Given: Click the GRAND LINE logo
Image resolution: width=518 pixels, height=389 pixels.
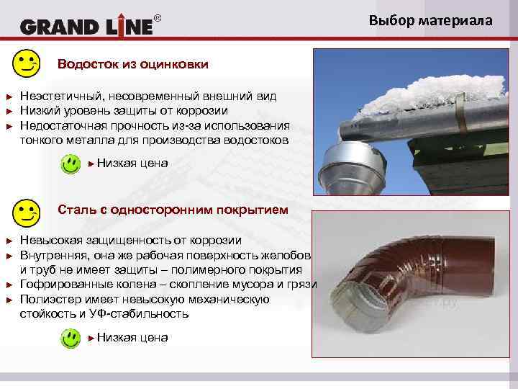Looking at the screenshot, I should (86, 27).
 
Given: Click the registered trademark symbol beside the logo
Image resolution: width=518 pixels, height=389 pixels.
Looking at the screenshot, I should (158, 17).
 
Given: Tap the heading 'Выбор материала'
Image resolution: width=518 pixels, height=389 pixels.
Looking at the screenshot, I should (431, 20).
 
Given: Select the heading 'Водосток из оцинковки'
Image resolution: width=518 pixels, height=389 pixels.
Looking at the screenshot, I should (133, 65).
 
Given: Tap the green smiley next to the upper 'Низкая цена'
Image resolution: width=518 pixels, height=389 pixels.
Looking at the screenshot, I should (70, 164).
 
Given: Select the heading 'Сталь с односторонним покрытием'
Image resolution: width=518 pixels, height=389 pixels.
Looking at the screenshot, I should (173, 210).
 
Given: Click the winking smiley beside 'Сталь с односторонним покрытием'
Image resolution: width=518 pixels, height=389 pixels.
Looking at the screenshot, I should (27, 212).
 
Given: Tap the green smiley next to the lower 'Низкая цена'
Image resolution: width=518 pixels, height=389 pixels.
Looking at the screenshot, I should (70, 337).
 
